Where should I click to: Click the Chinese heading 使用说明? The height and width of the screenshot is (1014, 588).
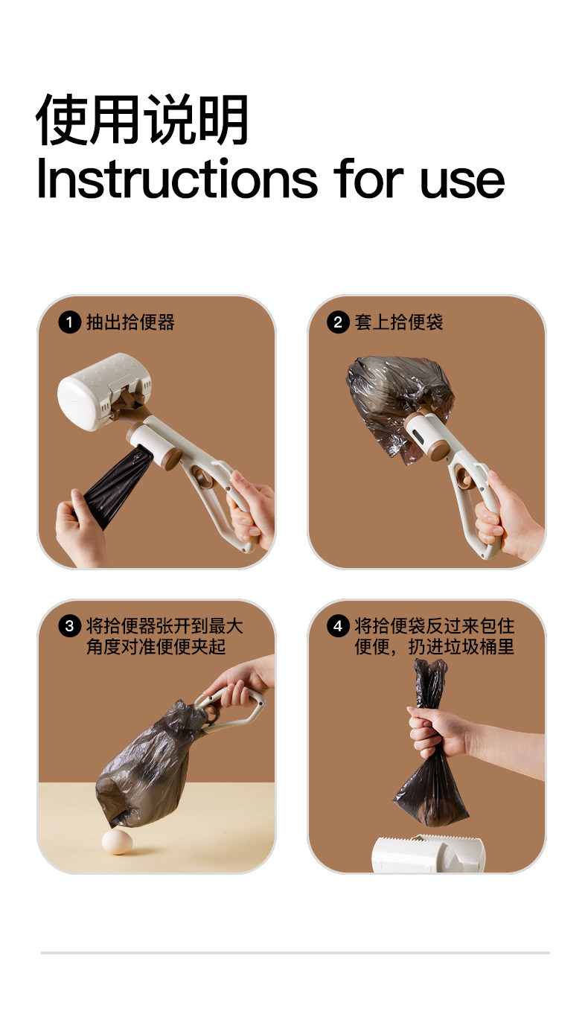[x=142, y=120]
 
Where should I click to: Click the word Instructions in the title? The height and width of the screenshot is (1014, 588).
[x=177, y=179]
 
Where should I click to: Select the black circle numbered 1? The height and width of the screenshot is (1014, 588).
[x=69, y=322]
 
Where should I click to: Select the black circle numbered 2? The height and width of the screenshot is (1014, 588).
[x=338, y=322]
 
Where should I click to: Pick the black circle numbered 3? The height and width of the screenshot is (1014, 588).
[x=69, y=626]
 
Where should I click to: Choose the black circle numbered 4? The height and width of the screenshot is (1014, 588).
[x=338, y=626]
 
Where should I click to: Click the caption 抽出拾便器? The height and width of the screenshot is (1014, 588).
[x=130, y=322]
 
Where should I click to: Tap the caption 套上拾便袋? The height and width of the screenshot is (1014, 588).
[x=399, y=322]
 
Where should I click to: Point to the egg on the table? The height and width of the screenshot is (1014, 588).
[x=117, y=841]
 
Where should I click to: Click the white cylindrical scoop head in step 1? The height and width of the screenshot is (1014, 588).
[x=104, y=392]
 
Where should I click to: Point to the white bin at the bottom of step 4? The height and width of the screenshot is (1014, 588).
[x=428, y=853]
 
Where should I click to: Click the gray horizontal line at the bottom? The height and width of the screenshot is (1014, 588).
[x=295, y=953]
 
